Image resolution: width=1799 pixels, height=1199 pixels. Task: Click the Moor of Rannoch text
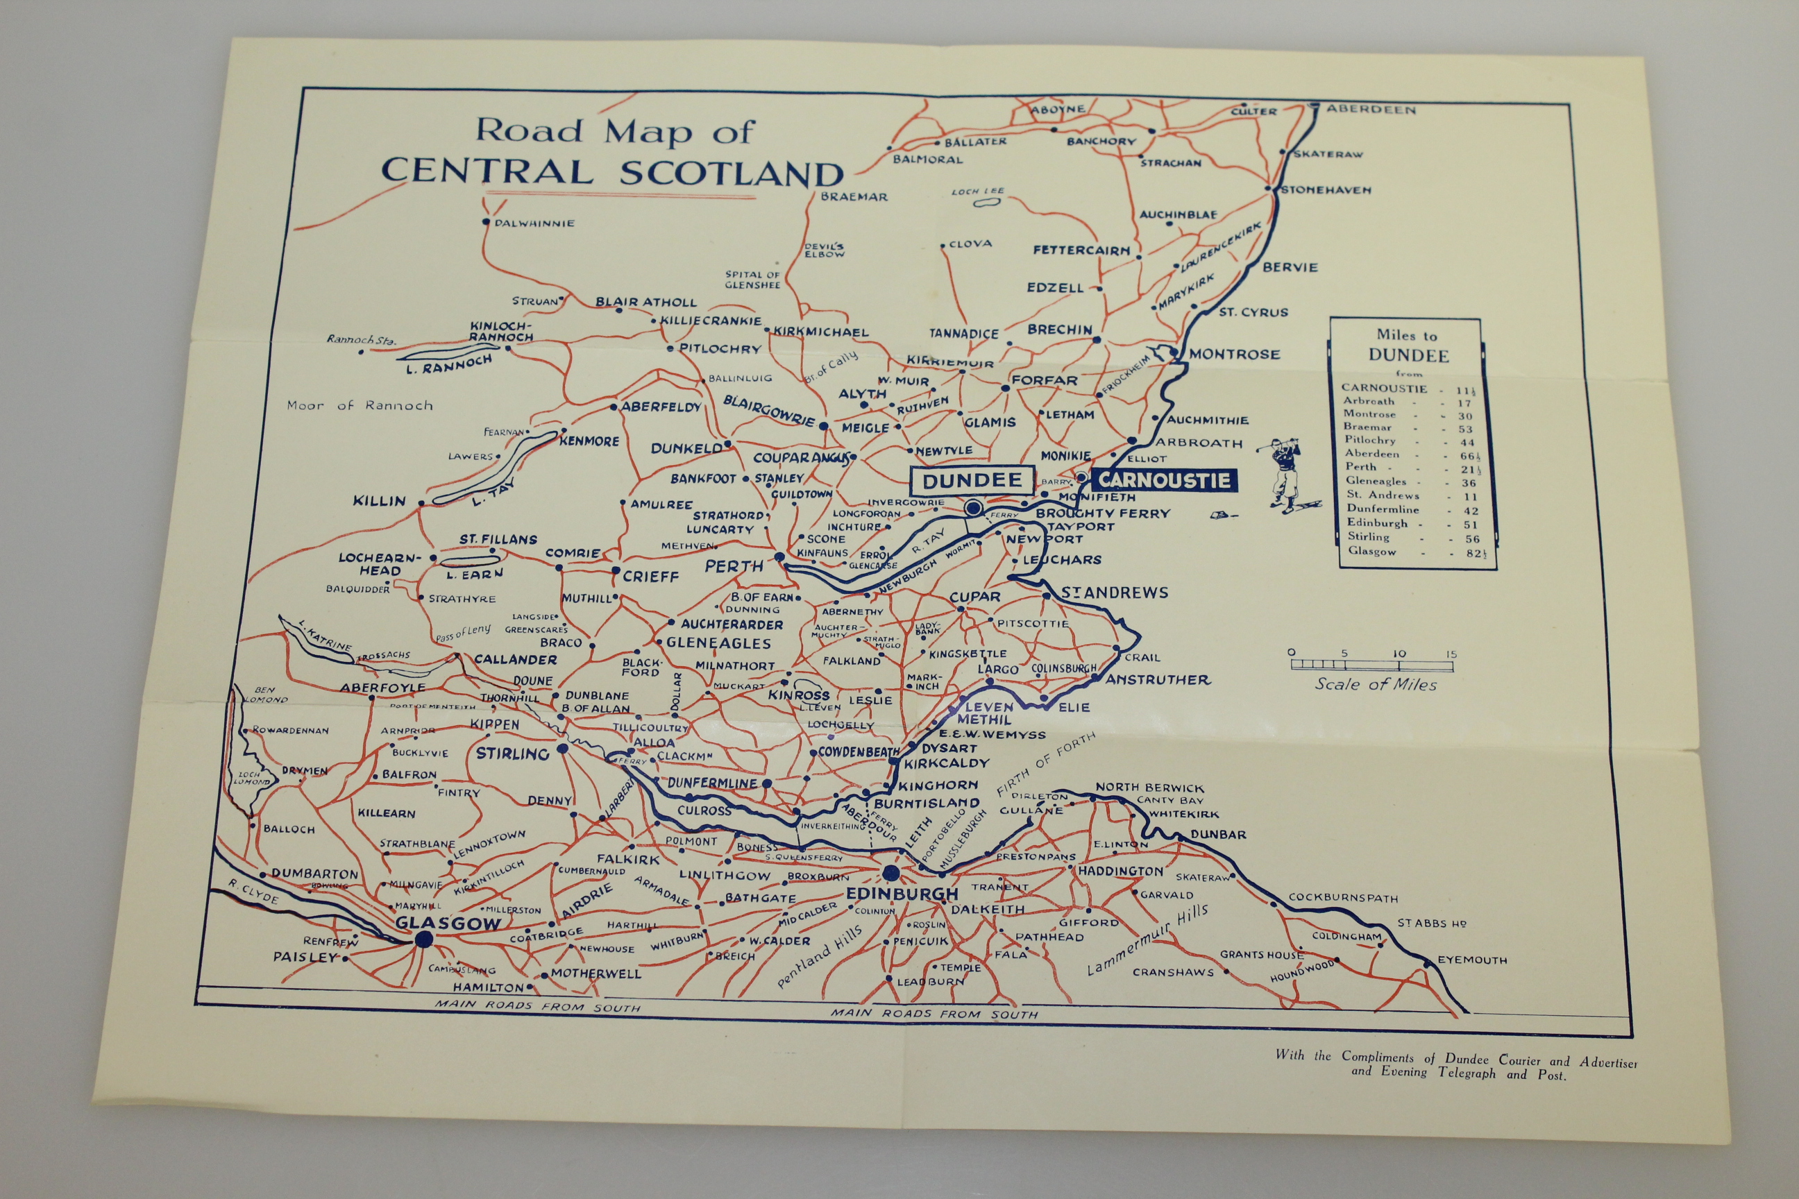(x=360, y=405)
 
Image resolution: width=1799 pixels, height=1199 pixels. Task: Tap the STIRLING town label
(x=512, y=754)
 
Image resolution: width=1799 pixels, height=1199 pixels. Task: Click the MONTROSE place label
(x=1234, y=355)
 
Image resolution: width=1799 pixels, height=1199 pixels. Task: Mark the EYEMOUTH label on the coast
(x=1471, y=960)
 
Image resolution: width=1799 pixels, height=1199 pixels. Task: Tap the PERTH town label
(x=734, y=567)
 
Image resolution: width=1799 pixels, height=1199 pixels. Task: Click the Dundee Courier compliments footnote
(x=1455, y=1066)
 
